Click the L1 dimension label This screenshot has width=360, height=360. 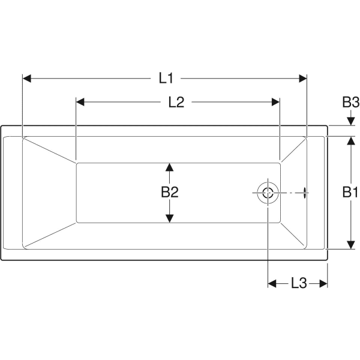pyautogui.click(x=166, y=77)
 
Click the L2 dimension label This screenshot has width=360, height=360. pyautogui.click(x=176, y=102)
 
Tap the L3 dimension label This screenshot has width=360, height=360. pyautogui.click(x=298, y=283)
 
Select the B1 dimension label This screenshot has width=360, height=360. pyautogui.click(x=350, y=192)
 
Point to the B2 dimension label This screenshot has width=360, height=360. pyautogui.click(x=170, y=192)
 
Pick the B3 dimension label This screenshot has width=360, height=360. pyautogui.click(x=350, y=102)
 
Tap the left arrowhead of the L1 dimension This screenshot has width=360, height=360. pyautogui.click(x=27, y=78)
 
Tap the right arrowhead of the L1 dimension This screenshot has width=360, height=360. pyautogui.click(x=302, y=78)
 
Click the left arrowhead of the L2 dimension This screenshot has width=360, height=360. pyautogui.click(x=81, y=102)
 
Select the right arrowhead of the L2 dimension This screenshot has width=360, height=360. pyautogui.click(x=276, y=102)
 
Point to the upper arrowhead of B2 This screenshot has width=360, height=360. pyautogui.click(x=170, y=167)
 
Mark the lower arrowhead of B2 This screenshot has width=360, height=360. pyautogui.click(x=170, y=218)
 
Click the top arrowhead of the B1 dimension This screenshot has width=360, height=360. pyautogui.click(x=350, y=140)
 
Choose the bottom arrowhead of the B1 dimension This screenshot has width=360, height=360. pyautogui.click(x=350, y=244)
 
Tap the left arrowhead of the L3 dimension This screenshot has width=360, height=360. pyautogui.click(x=272, y=283)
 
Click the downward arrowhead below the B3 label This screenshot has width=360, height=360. pyautogui.click(x=350, y=121)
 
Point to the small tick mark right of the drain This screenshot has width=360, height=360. pyautogui.click(x=307, y=193)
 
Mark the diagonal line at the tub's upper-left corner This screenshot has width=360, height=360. pyautogui.click(x=50, y=149)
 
